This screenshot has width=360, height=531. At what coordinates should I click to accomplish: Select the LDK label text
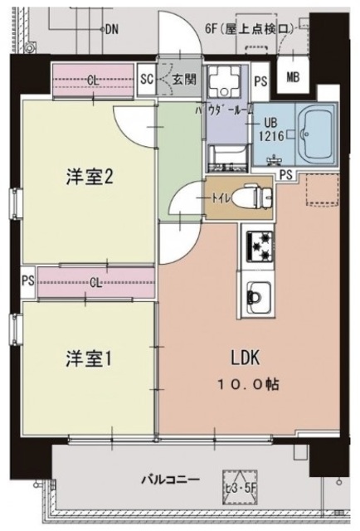[x=246, y=358]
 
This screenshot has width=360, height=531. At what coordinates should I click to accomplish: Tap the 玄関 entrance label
[x=182, y=80]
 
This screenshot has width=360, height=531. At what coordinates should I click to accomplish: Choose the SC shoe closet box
[x=147, y=80]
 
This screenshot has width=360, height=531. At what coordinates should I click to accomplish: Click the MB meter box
[x=293, y=78]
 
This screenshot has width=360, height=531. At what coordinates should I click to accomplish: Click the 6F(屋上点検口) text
[x=248, y=28]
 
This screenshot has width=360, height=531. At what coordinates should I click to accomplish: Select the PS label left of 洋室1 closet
[x=27, y=281]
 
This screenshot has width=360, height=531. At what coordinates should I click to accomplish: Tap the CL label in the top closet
[x=93, y=80]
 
